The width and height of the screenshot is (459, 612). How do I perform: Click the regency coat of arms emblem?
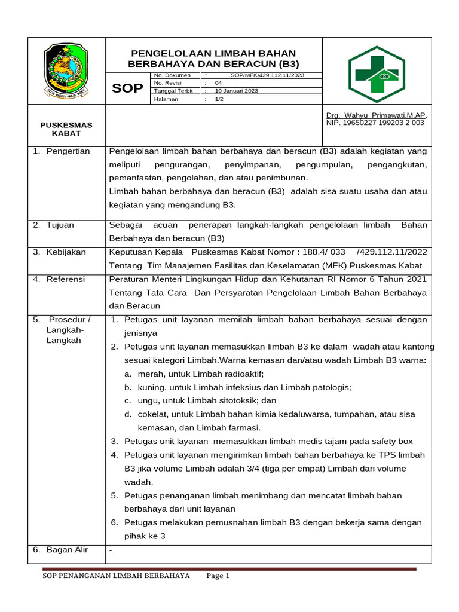67,71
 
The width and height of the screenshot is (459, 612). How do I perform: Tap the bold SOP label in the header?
127,88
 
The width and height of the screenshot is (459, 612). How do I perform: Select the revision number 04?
218,83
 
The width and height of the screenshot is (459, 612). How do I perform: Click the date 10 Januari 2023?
236,91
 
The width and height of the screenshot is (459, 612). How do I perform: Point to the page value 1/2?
219,99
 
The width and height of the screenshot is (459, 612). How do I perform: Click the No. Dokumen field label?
172,75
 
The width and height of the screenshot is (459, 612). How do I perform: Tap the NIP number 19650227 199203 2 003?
375,123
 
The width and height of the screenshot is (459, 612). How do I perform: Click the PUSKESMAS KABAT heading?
66,129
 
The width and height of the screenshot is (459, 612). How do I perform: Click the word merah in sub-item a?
149,374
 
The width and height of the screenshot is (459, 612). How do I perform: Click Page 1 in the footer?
218,576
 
